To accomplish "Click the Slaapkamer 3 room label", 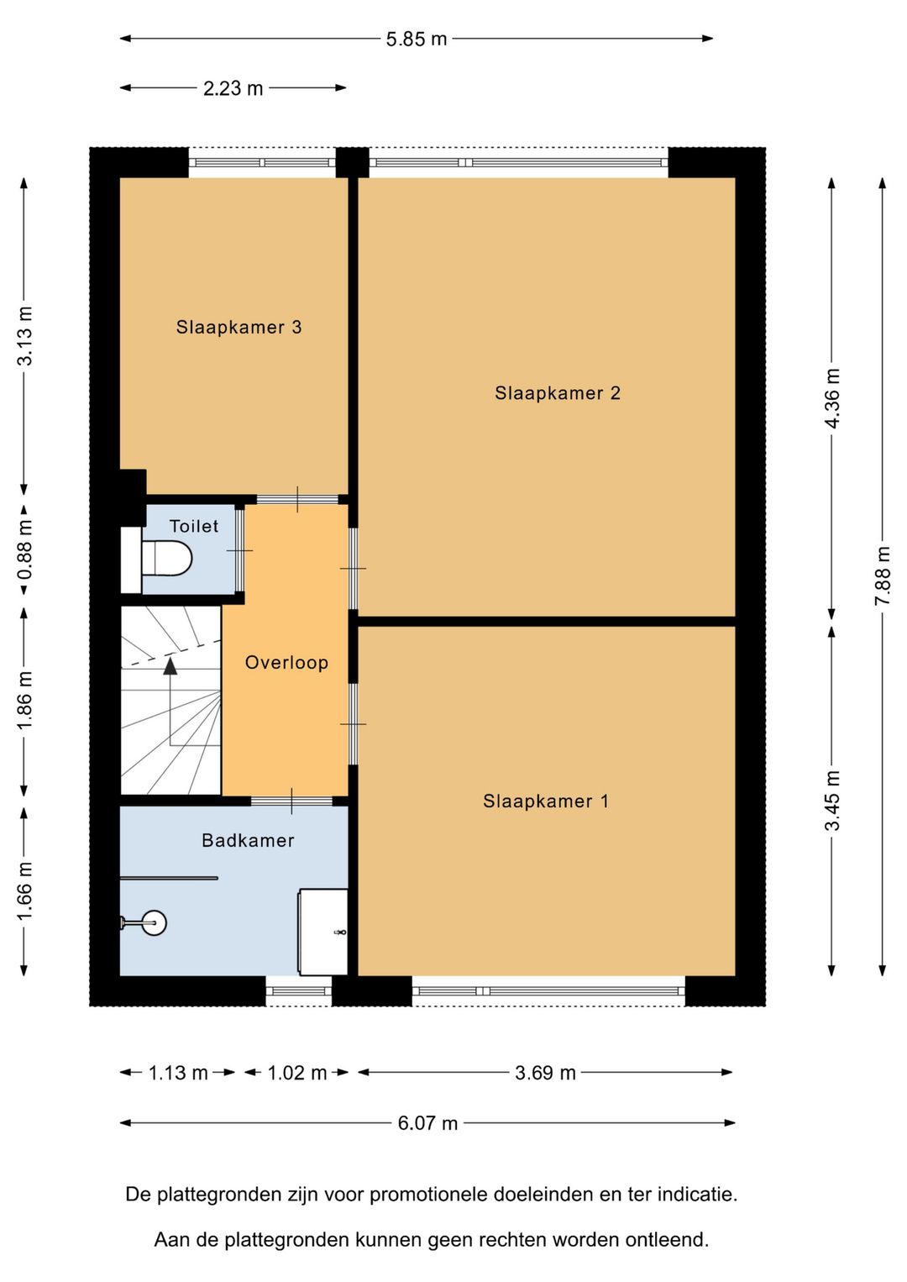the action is (239, 327).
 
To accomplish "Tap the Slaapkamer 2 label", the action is (558, 393).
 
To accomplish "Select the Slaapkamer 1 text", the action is (545, 801).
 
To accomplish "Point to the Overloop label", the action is (286, 662).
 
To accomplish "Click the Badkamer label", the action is (248, 840).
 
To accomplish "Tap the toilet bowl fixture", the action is (166, 558).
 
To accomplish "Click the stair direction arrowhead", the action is (170, 666).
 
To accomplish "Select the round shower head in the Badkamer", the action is (154, 922).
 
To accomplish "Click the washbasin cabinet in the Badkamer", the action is (323, 932).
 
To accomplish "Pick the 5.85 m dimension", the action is (416, 39).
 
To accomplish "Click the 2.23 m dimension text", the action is (233, 88).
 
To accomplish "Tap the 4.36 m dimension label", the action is (831, 398).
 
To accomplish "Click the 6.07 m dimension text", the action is (427, 1123).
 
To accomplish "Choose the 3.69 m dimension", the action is (545, 1073).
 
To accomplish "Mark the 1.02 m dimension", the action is (297, 1073).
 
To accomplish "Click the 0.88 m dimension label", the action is (24, 549).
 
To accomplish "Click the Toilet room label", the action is (194, 526).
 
